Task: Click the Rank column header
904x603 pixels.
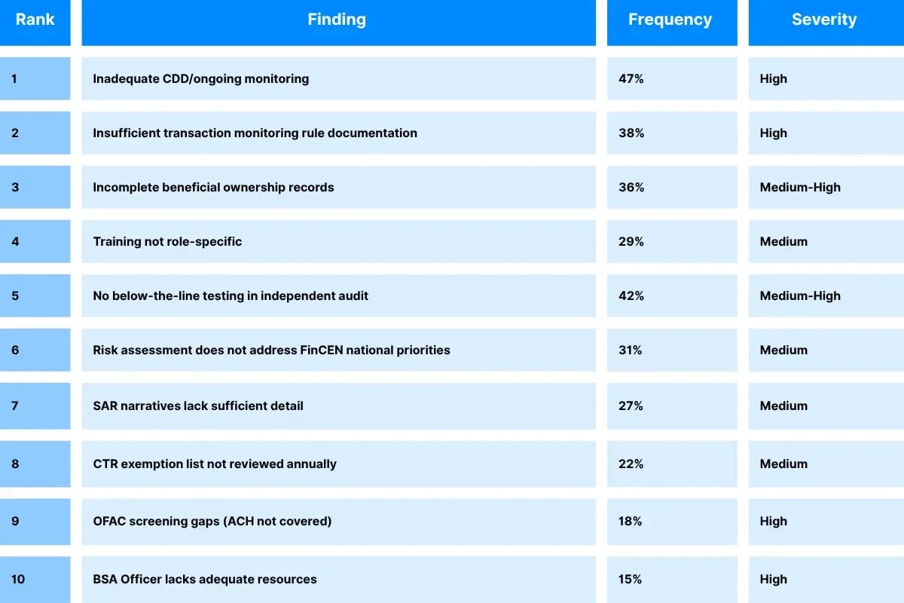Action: (x=35, y=20)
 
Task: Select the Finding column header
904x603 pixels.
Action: (x=337, y=20)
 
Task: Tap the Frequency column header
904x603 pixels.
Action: (x=670, y=20)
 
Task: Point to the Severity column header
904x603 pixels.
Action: (x=823, y=20)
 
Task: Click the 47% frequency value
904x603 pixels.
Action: (x=631, y=78)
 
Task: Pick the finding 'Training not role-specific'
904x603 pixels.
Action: (x=167, y=241)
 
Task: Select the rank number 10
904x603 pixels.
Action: (x=18, y=579)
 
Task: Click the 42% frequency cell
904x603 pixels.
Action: (x=631, y=295)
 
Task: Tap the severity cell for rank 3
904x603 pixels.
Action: (x=800, y=187)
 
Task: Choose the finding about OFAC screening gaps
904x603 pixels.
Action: (x=212, y=521)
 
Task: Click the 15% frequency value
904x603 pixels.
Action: (x=631, y=579)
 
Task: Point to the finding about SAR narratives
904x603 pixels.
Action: (x=198, y=406)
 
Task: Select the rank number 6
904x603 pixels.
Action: (x=15, y=350)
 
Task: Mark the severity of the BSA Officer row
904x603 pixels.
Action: (x=774, y=579)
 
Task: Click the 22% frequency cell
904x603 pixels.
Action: (x=631, y=464)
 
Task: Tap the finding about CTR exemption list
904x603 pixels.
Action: (x=215, y=464)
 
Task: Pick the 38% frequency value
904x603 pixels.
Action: (x=631, y=133)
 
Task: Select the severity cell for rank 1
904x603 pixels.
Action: (x=774, y=78)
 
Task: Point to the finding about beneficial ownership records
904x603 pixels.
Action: (x=213, y=187)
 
